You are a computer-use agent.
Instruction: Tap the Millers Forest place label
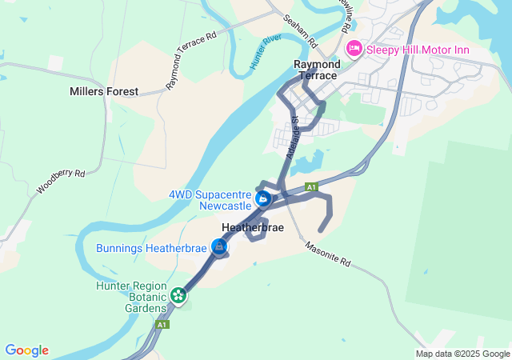click(104, 92)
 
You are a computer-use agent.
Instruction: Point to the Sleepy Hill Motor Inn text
click(417, 50)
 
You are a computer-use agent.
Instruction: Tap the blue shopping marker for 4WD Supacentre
click(262, 198)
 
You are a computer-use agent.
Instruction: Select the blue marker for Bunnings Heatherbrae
click(218, 247)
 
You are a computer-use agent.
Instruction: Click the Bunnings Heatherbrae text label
click(151, 248)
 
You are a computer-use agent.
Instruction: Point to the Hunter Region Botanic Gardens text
click(131, 296)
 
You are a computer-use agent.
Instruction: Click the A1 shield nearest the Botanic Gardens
click(163, 325)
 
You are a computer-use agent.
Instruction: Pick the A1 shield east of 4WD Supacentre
click(312, 187)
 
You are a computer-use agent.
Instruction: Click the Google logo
click(27, 350)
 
